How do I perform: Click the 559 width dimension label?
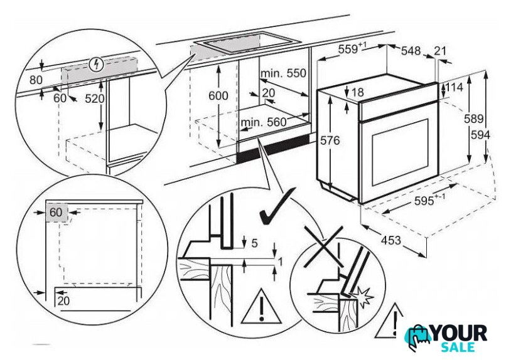point(352,49)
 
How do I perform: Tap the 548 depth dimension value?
point(411,51)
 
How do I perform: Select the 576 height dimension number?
point(330,140)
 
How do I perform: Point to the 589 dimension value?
point(473,119)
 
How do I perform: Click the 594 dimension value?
point(480,134)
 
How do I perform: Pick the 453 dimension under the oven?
point(390,240)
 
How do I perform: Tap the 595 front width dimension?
point(430,200)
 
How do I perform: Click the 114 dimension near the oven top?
point(454,87)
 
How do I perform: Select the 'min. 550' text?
point(283,73)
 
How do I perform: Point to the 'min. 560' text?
point(263,122)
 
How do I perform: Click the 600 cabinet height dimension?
point(218,95)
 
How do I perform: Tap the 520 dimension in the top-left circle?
point(95,98)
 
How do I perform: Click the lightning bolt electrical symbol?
point(97,65)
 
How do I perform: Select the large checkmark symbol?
point(276,207)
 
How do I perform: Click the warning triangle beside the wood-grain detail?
point(261,307)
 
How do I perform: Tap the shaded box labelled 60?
point(56,213)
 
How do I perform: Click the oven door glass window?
point(399,152)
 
